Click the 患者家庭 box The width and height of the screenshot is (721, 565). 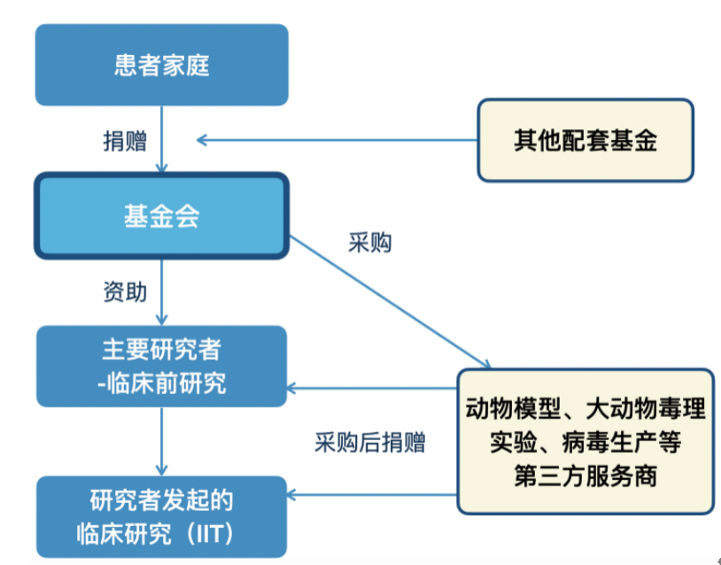coord(161,66)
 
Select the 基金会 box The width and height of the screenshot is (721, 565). coord(161,216)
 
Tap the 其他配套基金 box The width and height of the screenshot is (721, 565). coord(585,141)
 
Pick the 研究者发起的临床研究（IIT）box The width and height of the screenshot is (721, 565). coord(161,516)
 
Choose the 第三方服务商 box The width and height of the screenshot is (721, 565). coord(585,440)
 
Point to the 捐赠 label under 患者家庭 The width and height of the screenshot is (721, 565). coord(125,141)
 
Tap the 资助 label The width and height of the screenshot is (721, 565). coord(125,292)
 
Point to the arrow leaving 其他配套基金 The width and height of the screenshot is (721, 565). coord(337,140)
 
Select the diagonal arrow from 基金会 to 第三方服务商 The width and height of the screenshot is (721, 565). coord(390,301)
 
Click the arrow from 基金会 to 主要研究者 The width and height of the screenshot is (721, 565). coord(161,292)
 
